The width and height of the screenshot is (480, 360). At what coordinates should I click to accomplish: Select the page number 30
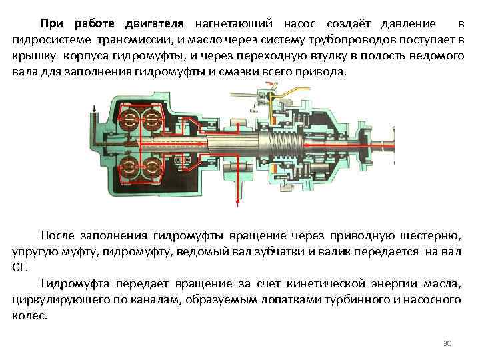[447, 343]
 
